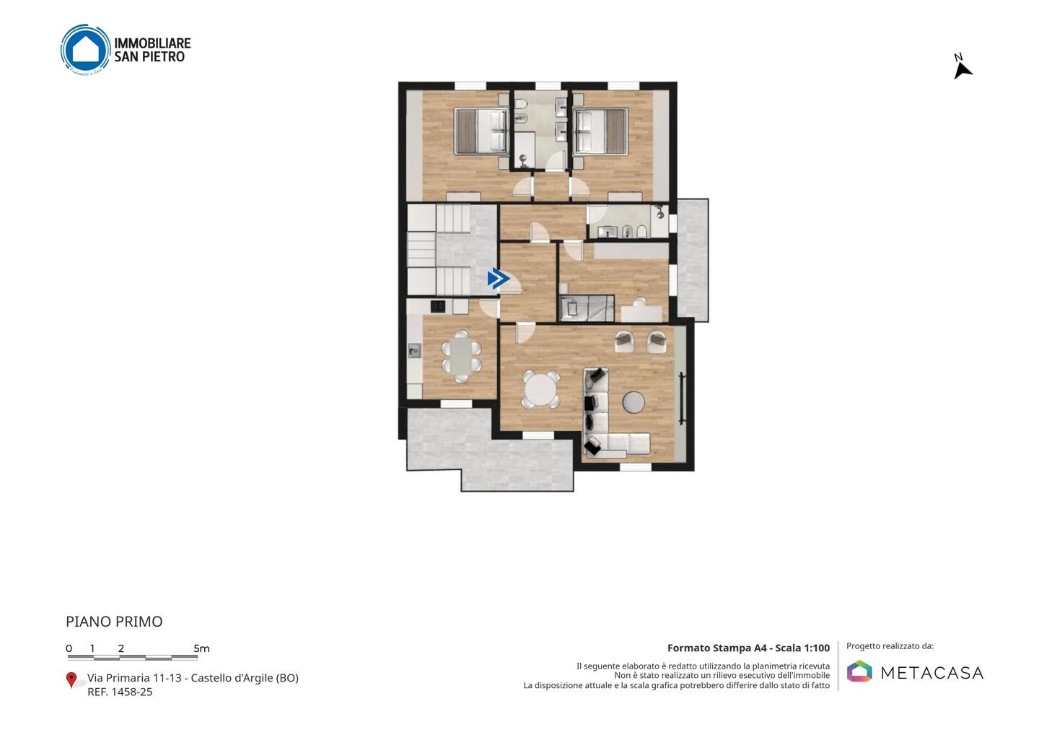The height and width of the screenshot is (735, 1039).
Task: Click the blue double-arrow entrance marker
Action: (499, 279)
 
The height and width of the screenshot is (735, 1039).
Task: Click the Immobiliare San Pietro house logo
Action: (86, 50)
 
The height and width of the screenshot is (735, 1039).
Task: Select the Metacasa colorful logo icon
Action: (859, 671)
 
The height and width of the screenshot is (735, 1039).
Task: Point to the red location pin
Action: (71, 680)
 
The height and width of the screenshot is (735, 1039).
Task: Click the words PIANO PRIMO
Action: (114, 622)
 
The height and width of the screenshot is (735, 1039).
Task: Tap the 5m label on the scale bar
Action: (201, 648)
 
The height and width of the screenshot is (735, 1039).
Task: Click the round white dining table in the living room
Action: (540, 390)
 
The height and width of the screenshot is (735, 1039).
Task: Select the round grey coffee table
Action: (634, 402)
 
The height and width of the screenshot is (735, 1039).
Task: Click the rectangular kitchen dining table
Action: (461, 357)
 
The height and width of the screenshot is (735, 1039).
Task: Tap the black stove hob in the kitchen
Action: (438, 306)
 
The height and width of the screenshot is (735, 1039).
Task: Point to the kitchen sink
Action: (414, 350)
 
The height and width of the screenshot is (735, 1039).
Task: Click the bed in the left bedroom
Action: (481, 131)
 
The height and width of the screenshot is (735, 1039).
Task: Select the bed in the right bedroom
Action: (600, 131)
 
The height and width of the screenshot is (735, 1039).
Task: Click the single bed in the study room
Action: (587, 308)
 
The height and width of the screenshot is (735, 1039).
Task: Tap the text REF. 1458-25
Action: (120, 692)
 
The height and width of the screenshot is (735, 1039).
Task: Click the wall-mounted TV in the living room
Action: (682, 398)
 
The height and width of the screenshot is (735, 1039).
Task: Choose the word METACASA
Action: (932, 673)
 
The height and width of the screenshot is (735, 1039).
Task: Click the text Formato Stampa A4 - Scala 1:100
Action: (748, 648)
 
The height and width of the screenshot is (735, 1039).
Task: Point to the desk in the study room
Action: (641, 313)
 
